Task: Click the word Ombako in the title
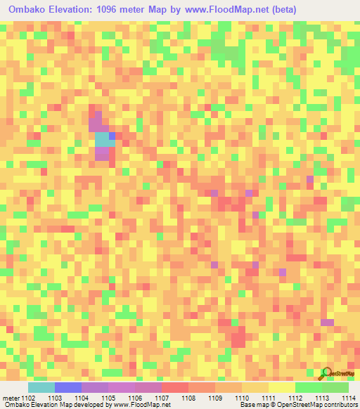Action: tap(26, 10)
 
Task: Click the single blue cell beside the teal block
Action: tap(112, 135)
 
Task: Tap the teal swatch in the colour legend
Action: tap(41, 387)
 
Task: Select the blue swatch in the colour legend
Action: tap(67, 387)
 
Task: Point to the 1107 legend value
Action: tap(161, 398)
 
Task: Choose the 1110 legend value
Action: tap(242, 398)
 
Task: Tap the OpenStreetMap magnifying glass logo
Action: tap(326, 373)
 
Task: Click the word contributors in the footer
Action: tap(339, 405)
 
